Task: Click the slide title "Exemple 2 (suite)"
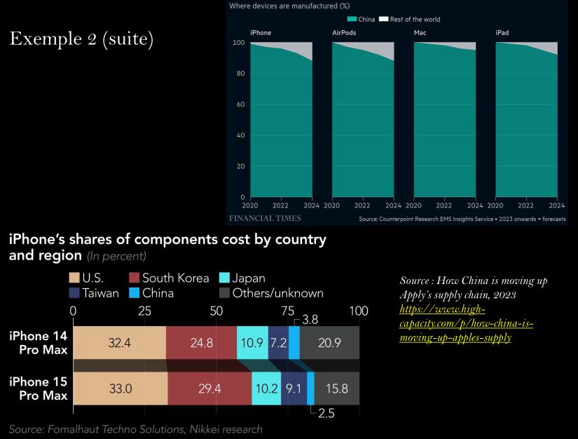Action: point(81,39)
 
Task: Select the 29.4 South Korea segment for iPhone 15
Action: point(209,389)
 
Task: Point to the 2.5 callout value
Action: point(326,413)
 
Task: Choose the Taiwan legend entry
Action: point(94,293)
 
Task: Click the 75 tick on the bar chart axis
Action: point(288,310)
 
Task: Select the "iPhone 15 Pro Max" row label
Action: point(39,389)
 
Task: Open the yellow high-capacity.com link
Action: point(466,323)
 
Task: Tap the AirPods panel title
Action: point(344,33)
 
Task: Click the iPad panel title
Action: point(502,33)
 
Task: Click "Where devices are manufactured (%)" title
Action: point(289,6)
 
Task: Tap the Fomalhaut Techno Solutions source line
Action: point(136,429)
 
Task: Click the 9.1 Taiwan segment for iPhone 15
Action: point(294,389)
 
